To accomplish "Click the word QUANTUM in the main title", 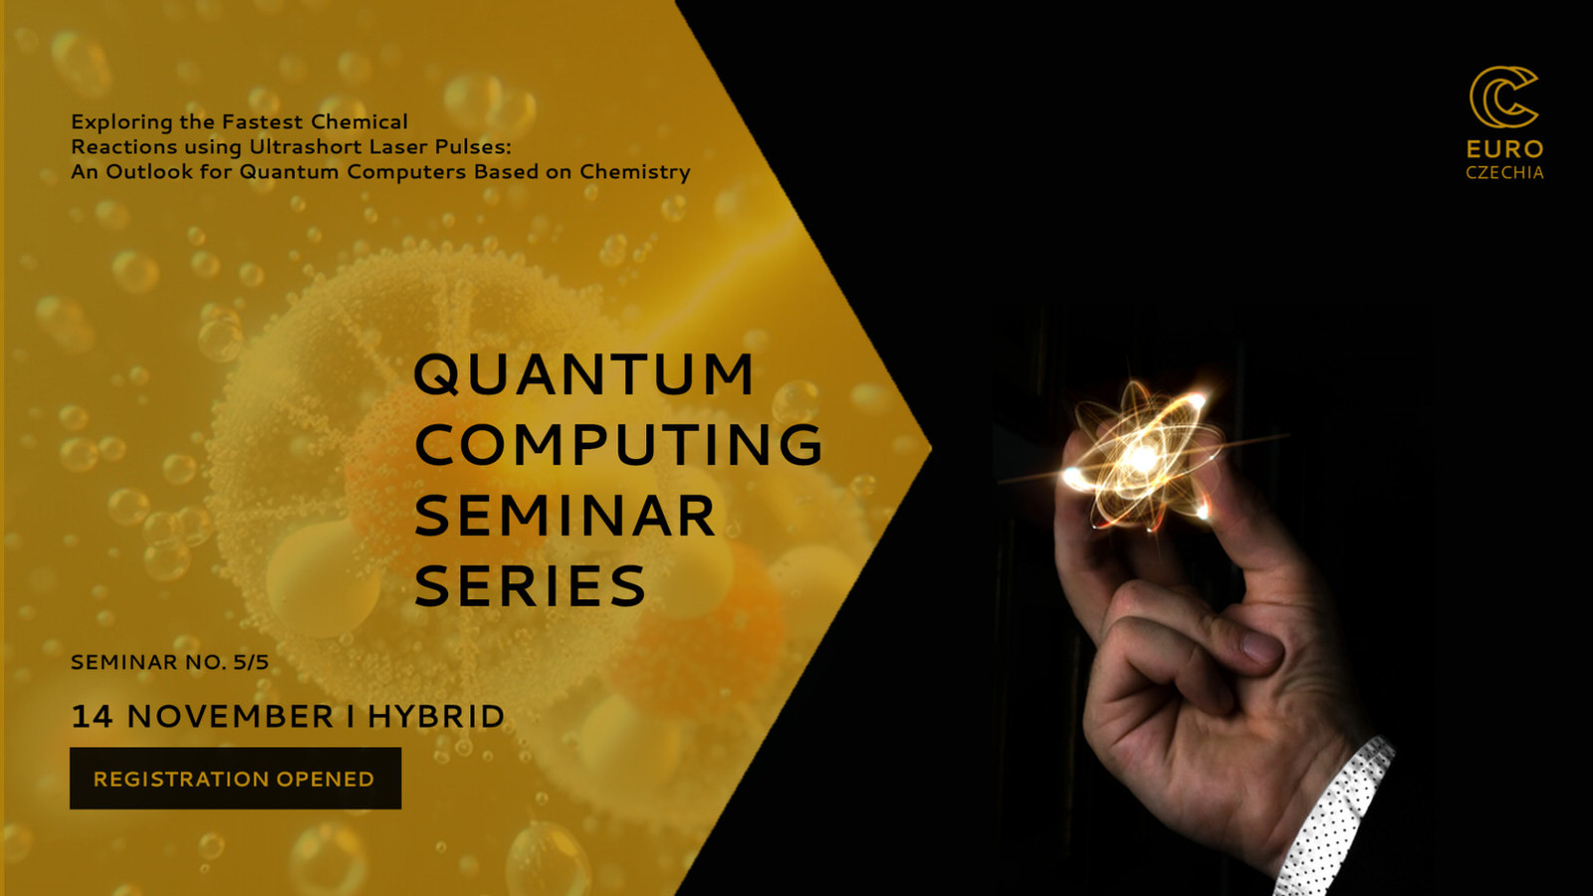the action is (583, 374).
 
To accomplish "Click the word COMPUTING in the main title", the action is (618, 444).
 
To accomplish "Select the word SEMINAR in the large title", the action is (565, 515).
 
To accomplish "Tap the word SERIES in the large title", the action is (530, 585).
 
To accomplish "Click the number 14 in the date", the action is (92, 716).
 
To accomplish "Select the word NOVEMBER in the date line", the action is (230, 716).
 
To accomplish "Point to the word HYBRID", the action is (435, 716).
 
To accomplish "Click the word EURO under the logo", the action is (1504, 149).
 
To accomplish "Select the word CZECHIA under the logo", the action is (1504, 173).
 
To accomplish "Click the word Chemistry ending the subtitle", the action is (634, 172).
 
